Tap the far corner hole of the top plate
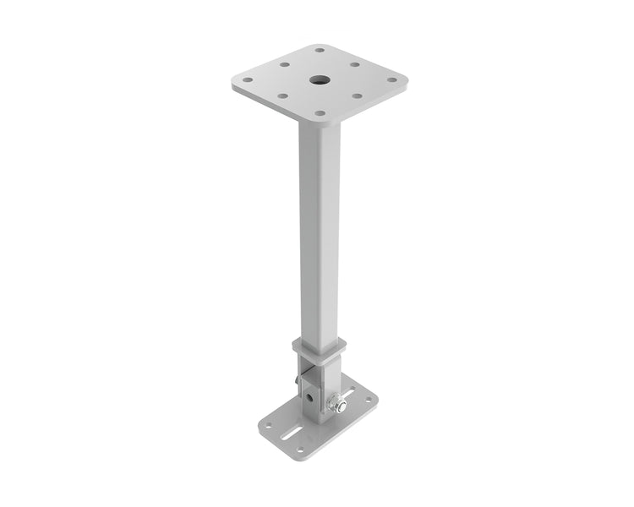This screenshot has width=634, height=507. coord(319,50)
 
